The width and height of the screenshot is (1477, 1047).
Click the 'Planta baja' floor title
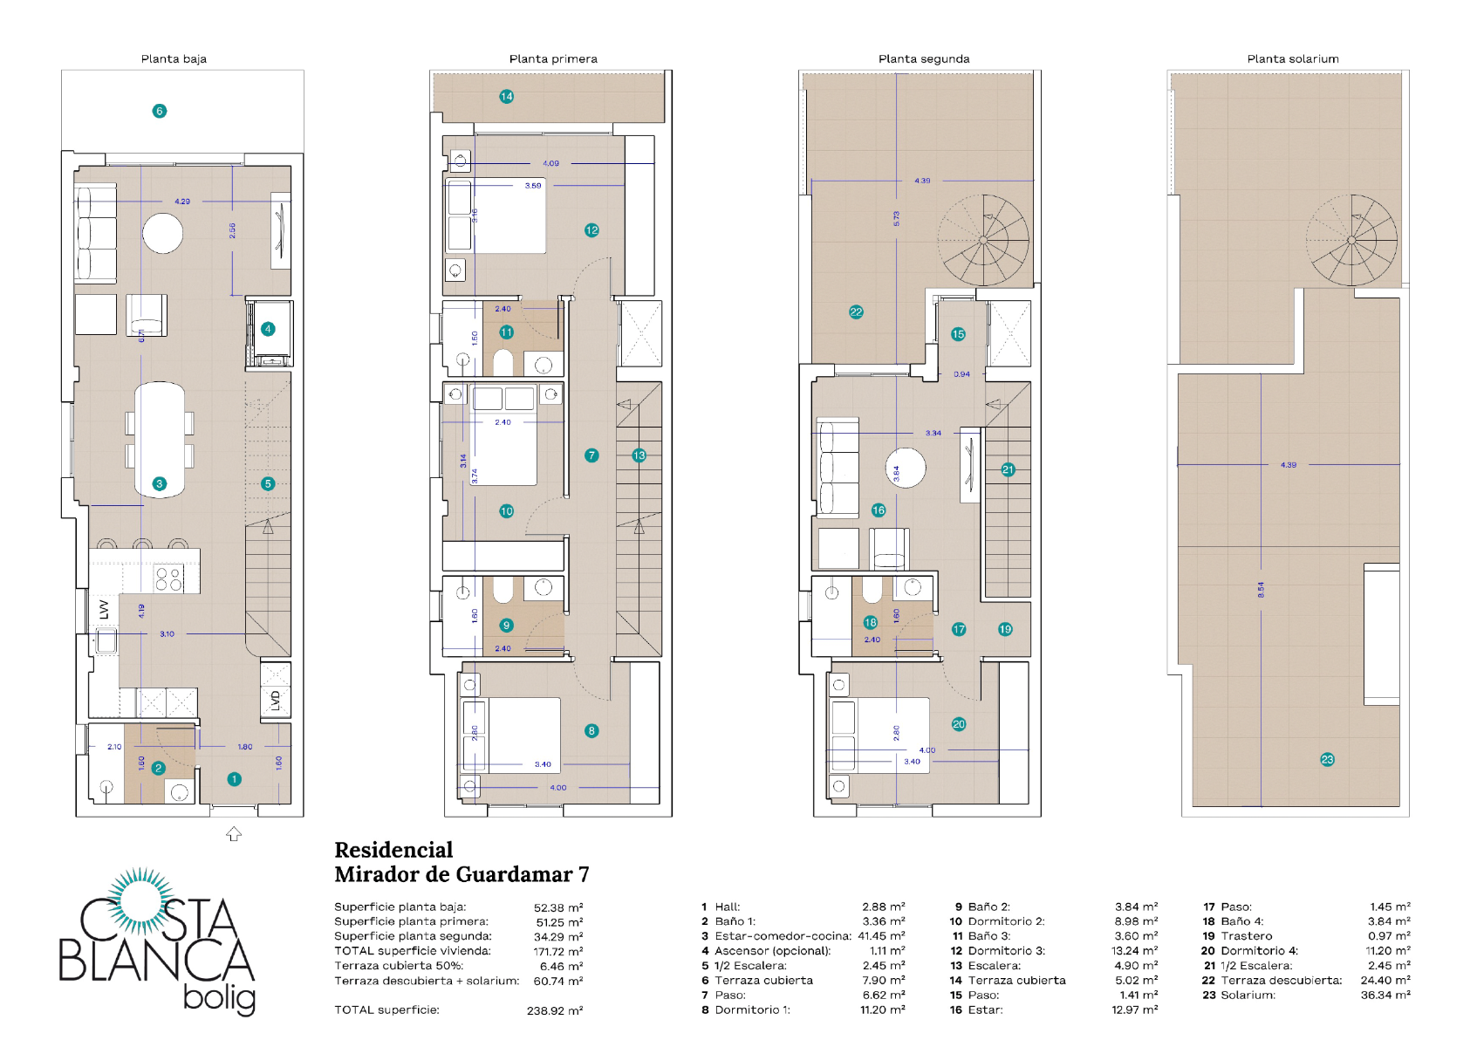click(174, 59)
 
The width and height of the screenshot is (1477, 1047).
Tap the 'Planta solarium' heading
click(1292, 59)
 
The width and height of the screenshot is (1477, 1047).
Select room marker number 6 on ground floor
click(159, 111)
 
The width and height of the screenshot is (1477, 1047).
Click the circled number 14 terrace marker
click(506, 97)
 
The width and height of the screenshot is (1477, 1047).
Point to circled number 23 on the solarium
click(1327, 759)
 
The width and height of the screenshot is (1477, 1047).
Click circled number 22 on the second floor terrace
click(856, 311)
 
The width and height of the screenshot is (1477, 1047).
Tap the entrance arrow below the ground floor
click(234, 834)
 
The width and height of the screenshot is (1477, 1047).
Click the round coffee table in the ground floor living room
click(163, 233)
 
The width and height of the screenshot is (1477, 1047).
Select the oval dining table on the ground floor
click(160, 439)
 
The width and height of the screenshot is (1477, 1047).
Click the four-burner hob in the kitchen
click(169, 578)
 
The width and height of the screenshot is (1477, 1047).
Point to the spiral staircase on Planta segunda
click(983, 240)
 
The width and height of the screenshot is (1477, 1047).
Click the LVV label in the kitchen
click(105, 609)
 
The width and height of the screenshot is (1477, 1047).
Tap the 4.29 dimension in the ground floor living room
click(181, 202)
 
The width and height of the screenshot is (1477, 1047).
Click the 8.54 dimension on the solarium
click(1261, 590)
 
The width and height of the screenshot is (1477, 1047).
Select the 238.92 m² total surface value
click(554, 1011)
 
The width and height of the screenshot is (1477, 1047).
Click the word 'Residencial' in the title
click(393, 851)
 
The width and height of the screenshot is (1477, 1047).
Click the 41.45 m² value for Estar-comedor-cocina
click(881, 936)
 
